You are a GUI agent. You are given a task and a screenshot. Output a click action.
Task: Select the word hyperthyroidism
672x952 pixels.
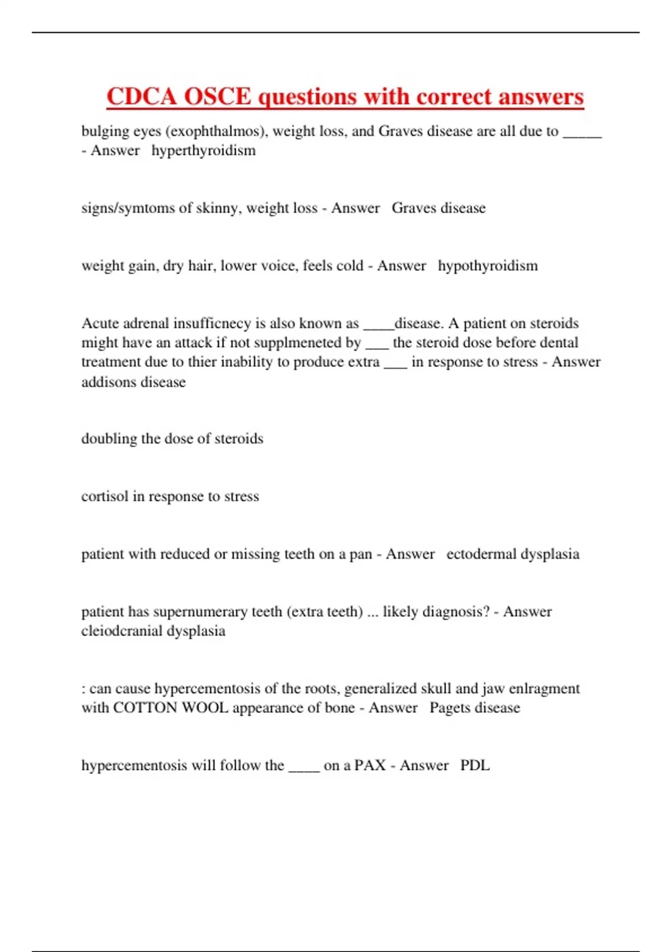[203, 151]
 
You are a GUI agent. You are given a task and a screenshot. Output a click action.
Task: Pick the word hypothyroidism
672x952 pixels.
[487, 265]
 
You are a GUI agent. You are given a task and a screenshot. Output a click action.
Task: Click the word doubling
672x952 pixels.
[109, 438]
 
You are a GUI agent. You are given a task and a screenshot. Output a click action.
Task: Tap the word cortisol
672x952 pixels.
[105, 496]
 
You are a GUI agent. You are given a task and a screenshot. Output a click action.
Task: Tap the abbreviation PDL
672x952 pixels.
[475, 766]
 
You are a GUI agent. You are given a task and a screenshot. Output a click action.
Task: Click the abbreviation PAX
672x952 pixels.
[370, 766]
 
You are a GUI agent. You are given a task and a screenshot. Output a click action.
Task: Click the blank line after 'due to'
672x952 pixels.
[582, 134]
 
